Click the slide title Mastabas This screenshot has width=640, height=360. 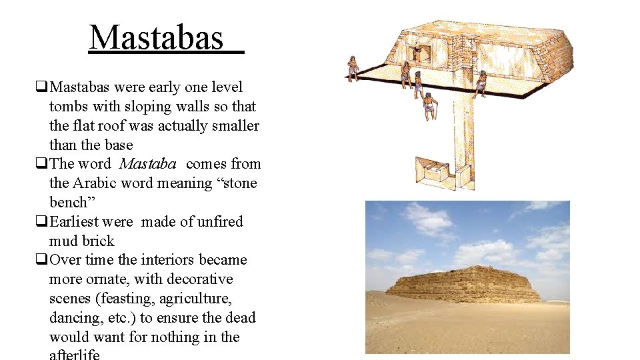point(157,38)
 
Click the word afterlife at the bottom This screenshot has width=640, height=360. point(74,354)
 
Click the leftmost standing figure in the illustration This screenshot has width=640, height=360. point(353,68)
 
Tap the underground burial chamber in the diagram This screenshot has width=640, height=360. point(434,173)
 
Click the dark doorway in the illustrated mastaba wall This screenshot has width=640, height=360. point(421,54)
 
